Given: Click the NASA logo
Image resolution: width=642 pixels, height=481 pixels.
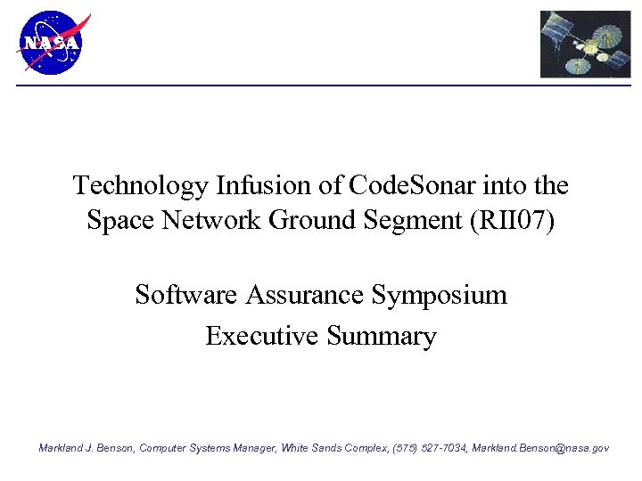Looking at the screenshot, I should coord(50,43).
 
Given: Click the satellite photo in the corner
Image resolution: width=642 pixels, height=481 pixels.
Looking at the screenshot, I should coord(585,45).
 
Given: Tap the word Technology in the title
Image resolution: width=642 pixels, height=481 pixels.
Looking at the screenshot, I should coord(140,185).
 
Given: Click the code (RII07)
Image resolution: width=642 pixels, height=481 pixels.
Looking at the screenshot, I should coord(512,220).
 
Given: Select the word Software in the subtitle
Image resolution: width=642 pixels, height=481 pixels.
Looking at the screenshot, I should coord(185,294).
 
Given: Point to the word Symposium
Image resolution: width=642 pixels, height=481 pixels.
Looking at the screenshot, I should coord(439,295).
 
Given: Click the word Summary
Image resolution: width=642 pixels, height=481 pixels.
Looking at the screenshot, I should coord(382,337).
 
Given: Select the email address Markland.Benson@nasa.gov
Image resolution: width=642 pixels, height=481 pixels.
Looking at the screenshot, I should coord(540,448).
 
